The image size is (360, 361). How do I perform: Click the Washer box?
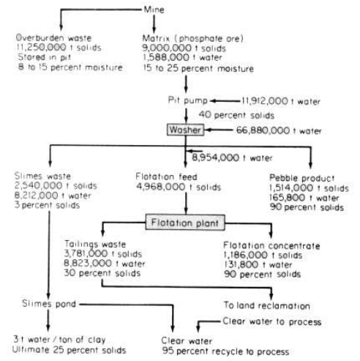tap(185, 130)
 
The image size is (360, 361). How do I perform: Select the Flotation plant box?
tap(185, 223)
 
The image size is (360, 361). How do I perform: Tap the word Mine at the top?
tap(154, 10)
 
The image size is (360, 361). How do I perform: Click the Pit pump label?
tap(188, 100)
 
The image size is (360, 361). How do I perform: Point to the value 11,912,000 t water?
tap(281, 101)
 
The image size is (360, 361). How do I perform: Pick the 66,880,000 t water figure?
tap(279, 130)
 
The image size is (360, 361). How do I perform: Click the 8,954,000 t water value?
tap(232, 157)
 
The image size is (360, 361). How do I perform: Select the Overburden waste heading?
tap(53, 38)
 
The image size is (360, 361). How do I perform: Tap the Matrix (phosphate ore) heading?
tap(193, 38)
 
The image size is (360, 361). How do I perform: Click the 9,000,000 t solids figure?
tap(184, 48)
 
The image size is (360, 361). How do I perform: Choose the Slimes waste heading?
tap(42, 176)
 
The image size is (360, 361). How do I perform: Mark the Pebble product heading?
tap(302, 178)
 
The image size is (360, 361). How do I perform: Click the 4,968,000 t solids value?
tap(179, 187)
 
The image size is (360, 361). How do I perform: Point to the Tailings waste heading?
tap(95, 244)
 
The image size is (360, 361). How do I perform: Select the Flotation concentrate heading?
tap(271, 245)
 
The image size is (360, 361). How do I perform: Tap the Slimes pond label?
tap(49, 304)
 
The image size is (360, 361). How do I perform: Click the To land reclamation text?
tap(267, 305)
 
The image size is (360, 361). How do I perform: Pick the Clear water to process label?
tap(272, 321)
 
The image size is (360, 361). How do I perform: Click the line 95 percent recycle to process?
tap(225, 351)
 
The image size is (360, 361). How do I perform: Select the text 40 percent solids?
tap(236, 115)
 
